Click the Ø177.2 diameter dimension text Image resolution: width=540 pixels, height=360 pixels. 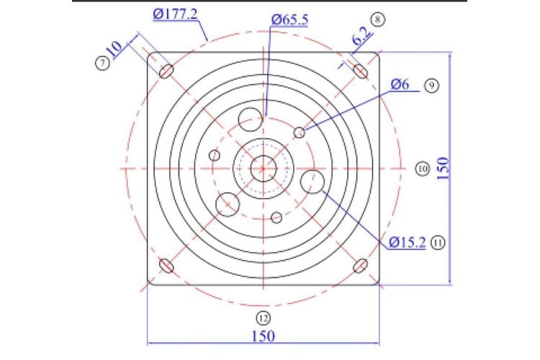pyautogui.click(x=175, y=14)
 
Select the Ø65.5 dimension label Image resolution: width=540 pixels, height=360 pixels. pyautogui.click(x=289, y=19)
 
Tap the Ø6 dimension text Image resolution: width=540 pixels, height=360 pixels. pyautogui.click(x=400, y=84)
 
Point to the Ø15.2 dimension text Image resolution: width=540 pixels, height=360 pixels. pyautogui.click(x=407, y=243)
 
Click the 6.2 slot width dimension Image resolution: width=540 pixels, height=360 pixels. pyautogui.click(x=361, y=36)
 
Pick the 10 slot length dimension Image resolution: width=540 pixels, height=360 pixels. pyautogui.click(x=114, y=50)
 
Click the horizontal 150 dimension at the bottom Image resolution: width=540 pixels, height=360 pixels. pyautogui.click(x=264, y=336)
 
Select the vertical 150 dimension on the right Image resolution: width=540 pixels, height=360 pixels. pyautogui.click(x=444, y=168)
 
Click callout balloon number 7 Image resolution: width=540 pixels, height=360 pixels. pyautogui.click(x=102, y=63)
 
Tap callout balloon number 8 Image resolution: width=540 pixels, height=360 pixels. pyautogui.click(x=378, y=19)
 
